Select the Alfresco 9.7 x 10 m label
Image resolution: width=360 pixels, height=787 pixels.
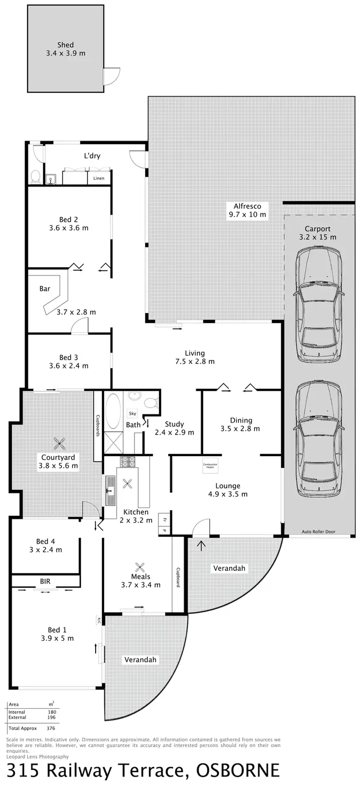247,210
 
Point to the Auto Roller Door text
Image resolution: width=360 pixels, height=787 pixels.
318,532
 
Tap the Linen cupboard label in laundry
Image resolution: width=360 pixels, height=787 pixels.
99,179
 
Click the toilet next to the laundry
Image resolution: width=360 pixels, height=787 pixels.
35,177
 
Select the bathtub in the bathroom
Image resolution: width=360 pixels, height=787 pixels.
114,411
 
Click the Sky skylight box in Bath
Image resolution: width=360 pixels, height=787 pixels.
132,413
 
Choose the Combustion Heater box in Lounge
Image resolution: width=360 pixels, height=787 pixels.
210,465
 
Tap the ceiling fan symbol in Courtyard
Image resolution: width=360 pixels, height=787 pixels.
59,443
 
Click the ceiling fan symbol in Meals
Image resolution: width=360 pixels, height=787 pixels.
140,568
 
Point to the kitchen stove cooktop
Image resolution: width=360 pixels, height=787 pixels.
128,462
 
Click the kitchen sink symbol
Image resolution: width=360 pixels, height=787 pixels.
110,490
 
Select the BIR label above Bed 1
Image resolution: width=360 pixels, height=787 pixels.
45,581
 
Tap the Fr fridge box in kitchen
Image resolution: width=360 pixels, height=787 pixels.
164,520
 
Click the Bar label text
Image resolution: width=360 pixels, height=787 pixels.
45,289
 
